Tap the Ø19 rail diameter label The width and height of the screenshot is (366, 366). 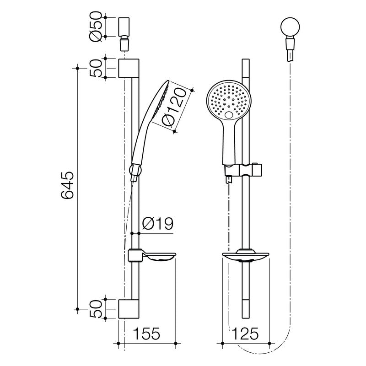pos(156,224)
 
